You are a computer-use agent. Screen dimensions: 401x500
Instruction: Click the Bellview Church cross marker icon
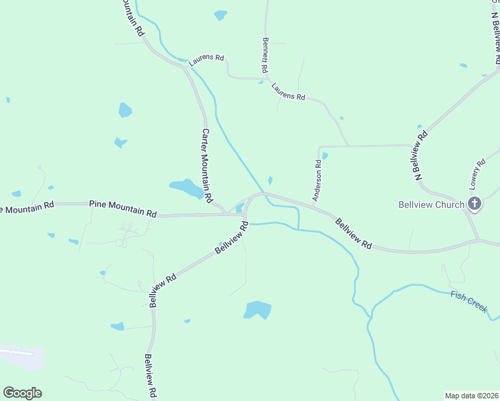[x=475, y=204]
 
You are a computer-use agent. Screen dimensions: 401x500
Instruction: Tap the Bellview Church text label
[x=430, y=205]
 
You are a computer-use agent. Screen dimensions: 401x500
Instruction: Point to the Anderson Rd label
[x=319, y=180]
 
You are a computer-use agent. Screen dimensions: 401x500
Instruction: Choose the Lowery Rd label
[x=477, y=173]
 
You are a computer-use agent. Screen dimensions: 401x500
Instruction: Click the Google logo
[x=22, y=393]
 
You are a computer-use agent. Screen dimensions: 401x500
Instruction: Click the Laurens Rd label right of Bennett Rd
[x=288, y=92]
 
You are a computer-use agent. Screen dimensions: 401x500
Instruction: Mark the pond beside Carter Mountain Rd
[x=186, y=188]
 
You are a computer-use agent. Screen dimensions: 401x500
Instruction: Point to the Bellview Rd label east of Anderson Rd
[x=353, y=233]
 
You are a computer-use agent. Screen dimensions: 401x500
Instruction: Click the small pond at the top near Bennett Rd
[x=220, y=15]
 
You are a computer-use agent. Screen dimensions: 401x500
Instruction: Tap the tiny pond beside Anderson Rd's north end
[x=325, y=156]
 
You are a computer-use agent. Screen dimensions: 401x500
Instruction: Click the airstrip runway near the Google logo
[x=17, y=352]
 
